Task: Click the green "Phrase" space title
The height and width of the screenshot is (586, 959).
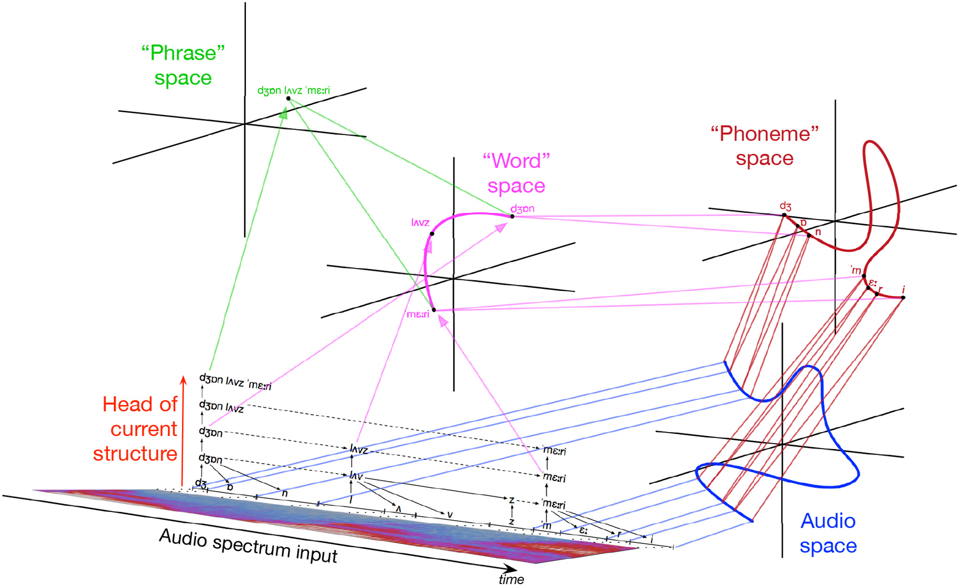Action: pos(183,65)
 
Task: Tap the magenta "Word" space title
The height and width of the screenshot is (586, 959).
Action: pos(516,173)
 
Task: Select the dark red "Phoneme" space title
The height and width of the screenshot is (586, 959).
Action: pos(765,146)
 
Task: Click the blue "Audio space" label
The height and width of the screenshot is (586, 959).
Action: pos(828,533)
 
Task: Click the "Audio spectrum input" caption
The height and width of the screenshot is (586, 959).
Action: pos(248,546)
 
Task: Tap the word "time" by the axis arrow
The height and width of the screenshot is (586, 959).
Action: pos(511,579)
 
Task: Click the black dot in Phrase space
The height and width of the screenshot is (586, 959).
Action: pos(288,98)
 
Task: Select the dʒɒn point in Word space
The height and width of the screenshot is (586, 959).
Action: pos(512,216)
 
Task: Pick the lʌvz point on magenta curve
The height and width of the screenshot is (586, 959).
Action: pos(432,234)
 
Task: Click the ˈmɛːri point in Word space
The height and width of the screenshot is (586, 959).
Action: pos(434,310)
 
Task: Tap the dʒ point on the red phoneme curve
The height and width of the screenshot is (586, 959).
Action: pos(784,215)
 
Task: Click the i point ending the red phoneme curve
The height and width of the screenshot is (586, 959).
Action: pos(903,298)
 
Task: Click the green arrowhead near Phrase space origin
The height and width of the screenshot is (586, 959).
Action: pos(284,113)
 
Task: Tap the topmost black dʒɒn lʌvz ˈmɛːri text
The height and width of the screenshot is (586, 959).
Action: pos(235,382)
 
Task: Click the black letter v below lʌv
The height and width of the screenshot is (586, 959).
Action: pos(449,514)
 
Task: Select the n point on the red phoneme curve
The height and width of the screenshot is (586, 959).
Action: pos(809,235)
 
